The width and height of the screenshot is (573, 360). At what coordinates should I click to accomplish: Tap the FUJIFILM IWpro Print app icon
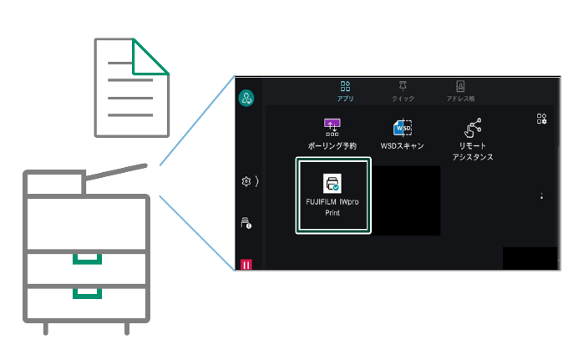pos(333,184)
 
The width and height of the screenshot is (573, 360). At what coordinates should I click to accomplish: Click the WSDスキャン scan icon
pos(402,128)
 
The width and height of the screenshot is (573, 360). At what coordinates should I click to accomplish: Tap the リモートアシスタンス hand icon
pos(473,128)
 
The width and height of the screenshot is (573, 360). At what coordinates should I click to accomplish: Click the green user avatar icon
pos(247,98)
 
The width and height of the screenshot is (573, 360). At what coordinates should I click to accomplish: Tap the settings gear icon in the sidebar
pos(246,181)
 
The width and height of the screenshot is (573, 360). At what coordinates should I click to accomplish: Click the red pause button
pos(246,265)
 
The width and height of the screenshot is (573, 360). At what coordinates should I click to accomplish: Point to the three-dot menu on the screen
pos(542,196)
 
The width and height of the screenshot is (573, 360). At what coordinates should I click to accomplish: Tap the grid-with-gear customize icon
pos(541,119)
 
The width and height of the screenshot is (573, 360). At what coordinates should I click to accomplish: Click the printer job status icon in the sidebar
pos(246,223)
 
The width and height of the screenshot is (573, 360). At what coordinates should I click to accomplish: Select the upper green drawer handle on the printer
pos(87,258)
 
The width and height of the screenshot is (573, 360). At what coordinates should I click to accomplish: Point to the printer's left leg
pos(46,327)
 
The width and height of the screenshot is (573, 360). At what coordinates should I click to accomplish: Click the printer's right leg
pos(127,327)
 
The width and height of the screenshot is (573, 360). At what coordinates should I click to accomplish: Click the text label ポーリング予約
pos(332,146)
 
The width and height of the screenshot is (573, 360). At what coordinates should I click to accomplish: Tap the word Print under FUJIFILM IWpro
pos(333,213)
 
